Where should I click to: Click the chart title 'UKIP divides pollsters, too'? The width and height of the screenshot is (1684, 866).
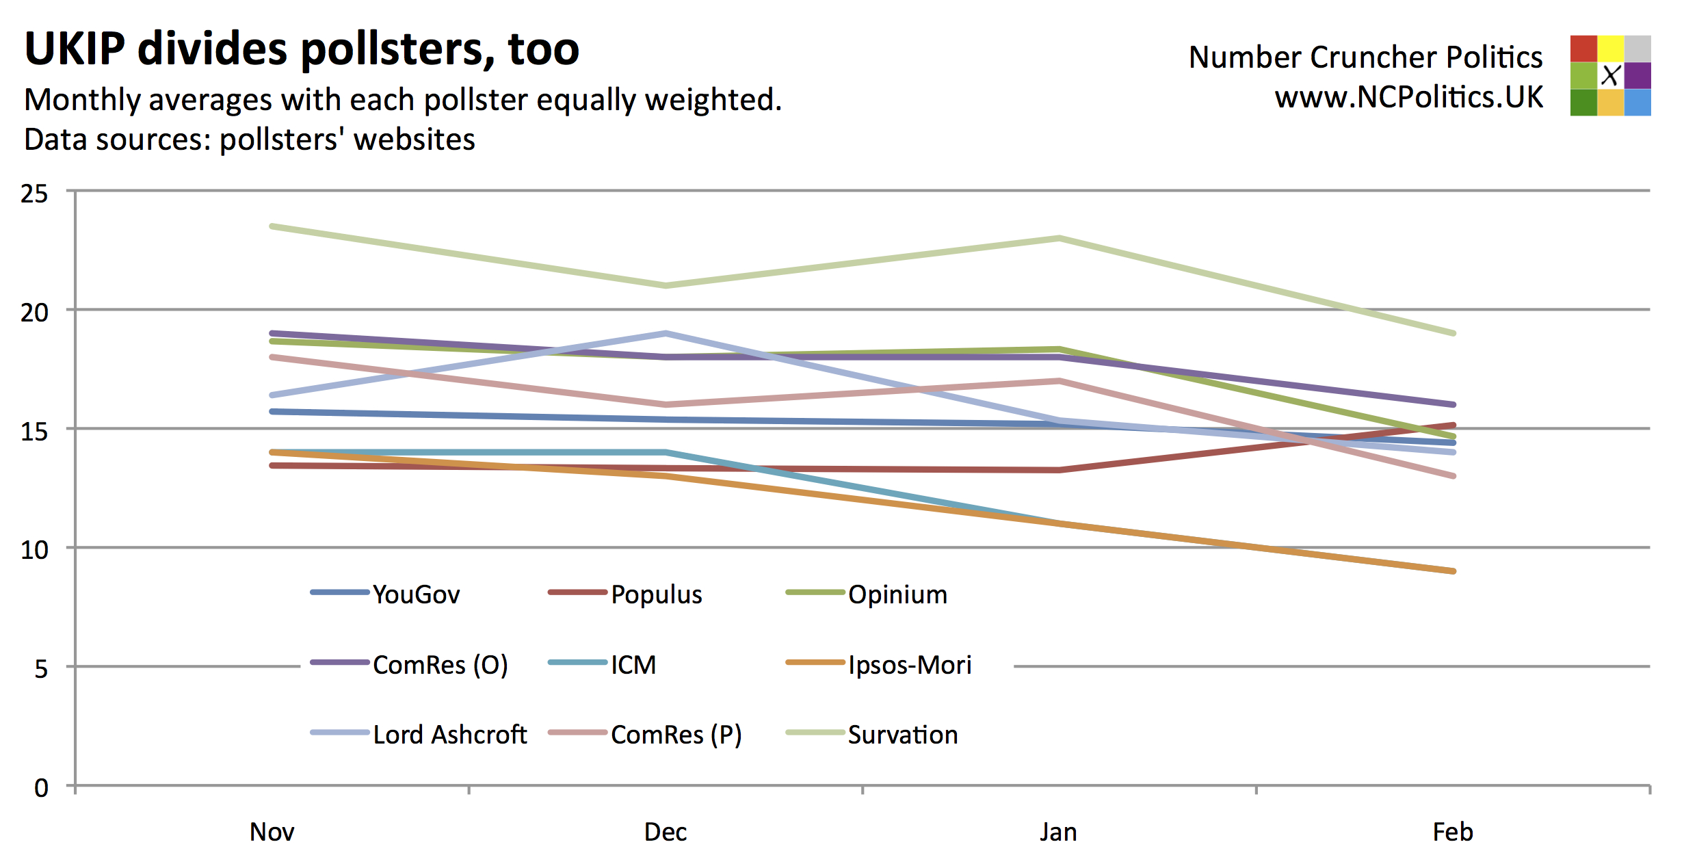302,49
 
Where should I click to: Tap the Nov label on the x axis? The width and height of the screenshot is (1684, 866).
272,832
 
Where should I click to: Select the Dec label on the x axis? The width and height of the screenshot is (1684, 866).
666,832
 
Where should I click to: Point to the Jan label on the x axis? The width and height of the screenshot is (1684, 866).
1058,832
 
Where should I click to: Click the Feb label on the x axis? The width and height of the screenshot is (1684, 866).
1453,832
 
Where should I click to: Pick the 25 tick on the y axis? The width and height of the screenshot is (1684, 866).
34,194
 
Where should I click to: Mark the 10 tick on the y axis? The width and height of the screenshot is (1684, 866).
34,550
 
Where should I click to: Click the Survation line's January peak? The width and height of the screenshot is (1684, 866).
1059,238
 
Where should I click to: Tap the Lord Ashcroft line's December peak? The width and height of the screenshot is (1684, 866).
666,334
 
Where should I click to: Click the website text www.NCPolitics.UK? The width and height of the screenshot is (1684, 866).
1408,97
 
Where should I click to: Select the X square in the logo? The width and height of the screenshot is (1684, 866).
1611,75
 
